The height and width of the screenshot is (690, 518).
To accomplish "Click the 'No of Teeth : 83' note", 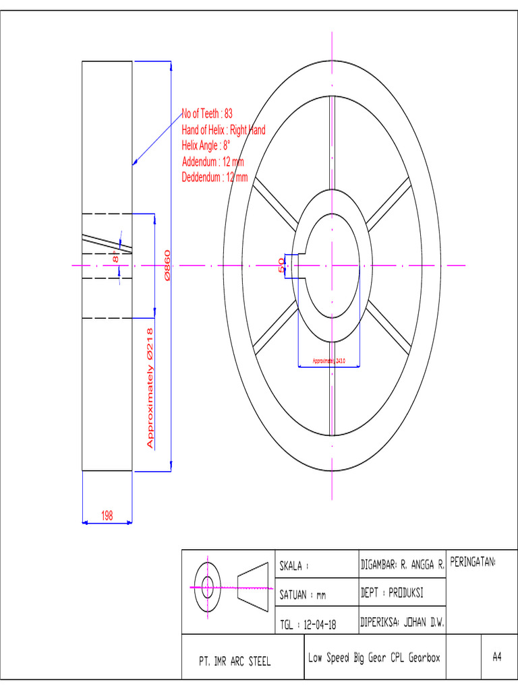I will point(207,114).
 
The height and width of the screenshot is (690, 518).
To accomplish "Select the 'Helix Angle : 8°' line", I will point(206,146).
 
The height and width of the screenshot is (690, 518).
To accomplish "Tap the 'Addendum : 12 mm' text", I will point(212,162).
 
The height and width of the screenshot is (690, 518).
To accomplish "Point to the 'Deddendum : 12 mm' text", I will point(214,178).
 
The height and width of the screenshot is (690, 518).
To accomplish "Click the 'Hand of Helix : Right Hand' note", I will point(223,130).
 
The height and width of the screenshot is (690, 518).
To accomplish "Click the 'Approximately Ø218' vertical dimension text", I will point(150,387).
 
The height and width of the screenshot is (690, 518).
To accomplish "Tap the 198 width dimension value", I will point(107,515).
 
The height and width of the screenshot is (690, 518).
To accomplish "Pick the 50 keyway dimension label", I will point(282,265).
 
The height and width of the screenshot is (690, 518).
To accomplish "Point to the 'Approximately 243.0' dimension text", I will point(328,362).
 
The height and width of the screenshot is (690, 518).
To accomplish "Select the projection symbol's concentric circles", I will point(207,587).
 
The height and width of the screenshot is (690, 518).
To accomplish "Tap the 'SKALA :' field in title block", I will point(295,567).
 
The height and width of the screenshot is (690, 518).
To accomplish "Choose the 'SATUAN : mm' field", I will point(303,596).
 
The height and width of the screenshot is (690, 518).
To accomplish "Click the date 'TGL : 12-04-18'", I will point(308,625).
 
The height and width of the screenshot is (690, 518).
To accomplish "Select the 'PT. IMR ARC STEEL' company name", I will point(235,662).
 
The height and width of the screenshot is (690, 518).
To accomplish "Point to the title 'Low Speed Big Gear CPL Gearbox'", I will point(374,658).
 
